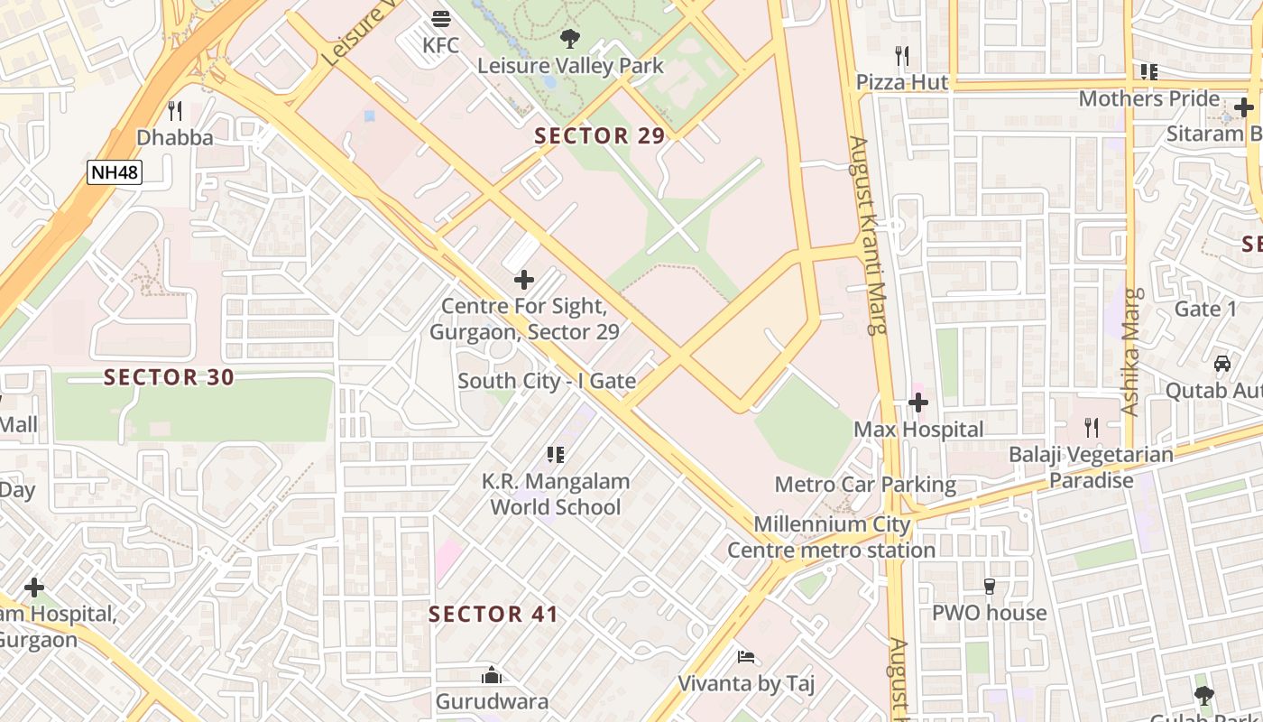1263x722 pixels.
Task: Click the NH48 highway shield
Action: coord(115,171)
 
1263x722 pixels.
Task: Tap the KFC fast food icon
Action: coord(441,18)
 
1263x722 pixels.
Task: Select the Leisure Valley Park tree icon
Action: coord(569,39)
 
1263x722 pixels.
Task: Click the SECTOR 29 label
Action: coord(599,136)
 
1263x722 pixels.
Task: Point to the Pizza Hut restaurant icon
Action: coord(901,56)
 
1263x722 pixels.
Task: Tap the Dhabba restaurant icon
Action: coord(175,111)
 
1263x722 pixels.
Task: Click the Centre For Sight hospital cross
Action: coord(524,280)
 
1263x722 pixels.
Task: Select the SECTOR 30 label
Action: coord(169,377)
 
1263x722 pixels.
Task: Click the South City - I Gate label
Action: coord(547,381)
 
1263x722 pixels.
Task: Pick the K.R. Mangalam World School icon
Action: coord(556,455)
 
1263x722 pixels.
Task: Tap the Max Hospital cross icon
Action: coord(918,403)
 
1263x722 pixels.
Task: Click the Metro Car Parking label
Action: coord(864,485)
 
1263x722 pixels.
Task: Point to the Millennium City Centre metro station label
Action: coord(831,537)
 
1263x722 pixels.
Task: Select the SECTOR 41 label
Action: coord(493,615)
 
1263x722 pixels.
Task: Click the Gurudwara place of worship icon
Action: coord(492,675)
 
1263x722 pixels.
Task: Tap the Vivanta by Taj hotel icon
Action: coord(745,657)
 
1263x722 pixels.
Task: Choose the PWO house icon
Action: coord(989,587)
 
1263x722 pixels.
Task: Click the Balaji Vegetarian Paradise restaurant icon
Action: coord(1091,428)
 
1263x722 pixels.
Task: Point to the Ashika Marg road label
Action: coord(1132,352)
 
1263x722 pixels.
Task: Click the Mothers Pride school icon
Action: coord(1148,71)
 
